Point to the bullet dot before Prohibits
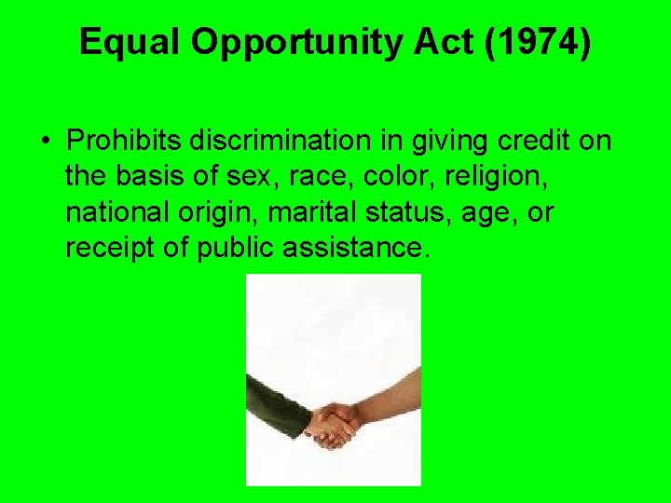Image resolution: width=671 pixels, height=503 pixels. click(x=46, y=142)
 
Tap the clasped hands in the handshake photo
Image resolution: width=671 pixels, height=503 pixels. click(x=334, y=424)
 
